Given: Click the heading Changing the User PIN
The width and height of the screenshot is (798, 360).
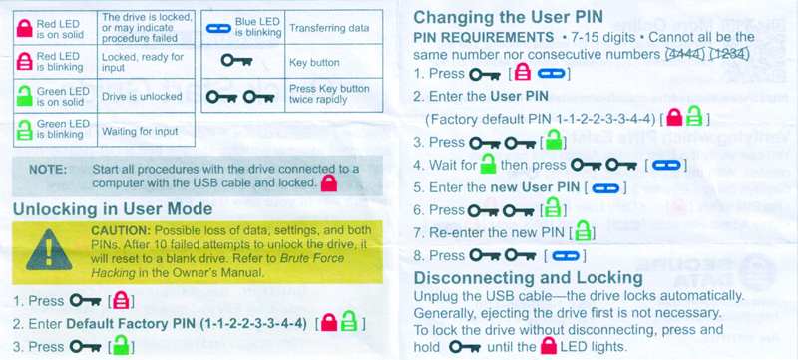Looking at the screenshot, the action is pyautogui.click(x=508, y=17).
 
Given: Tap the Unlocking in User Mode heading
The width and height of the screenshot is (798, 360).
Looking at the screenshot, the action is pyautogui.click(x=113, y=209).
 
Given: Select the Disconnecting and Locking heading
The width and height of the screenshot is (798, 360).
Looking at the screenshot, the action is pyautogui.click(x=529, y=278).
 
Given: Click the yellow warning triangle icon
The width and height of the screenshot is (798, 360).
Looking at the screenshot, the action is pyautogui.click(x=49, y=251).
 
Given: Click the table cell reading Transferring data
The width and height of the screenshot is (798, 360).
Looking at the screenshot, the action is pyautogui.click(x=329, y=28).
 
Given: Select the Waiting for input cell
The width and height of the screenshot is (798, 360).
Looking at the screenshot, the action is pyautogui.click(x=141, y=132).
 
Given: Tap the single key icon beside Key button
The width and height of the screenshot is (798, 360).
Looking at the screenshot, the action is pyautogui.click(x=237, y=62).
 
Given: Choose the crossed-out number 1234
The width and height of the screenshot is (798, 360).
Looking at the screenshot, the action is pyautogui.click(x=731, y=53).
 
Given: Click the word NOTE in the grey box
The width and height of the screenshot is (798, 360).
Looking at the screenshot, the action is pyautogui.click(x=48, y=169).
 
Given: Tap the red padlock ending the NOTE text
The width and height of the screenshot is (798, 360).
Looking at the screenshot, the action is pyautogui.click(x=329, y=182).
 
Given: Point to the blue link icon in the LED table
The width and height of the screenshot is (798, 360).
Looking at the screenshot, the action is pyautogui.click(x=218, y=29).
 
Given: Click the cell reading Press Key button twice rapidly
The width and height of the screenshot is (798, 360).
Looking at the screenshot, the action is pyautogui.click(x=329, y=94).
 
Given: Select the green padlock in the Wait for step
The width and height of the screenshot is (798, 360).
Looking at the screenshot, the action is pyautogui.click(x=488, y=164).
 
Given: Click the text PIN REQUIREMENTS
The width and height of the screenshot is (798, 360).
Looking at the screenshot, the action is pyautogui.click(x=483, y=38).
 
